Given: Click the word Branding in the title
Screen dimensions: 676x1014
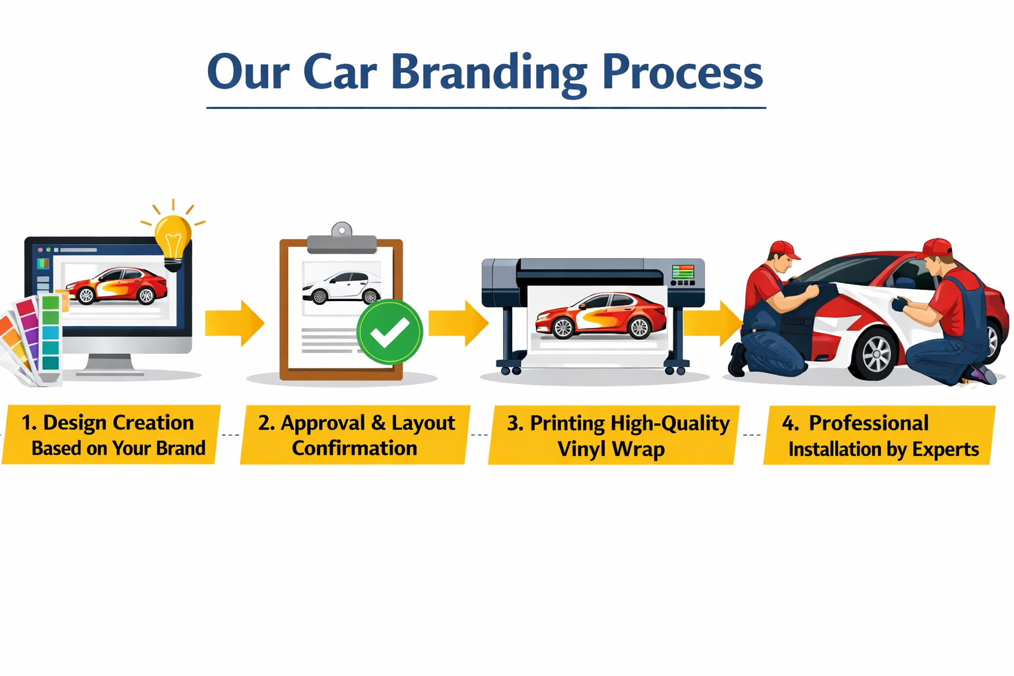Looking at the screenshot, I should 489,73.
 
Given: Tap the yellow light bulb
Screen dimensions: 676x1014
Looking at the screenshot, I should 173,238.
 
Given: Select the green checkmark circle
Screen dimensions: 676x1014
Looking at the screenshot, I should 389,332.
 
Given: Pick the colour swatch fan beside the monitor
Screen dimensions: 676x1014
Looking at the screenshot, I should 33,340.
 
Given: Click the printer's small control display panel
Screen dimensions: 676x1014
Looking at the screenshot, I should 683,272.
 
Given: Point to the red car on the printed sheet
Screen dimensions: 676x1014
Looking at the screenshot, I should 601,316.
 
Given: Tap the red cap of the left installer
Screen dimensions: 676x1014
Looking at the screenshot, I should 783,250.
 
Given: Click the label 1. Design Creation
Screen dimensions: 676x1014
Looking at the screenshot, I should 108,422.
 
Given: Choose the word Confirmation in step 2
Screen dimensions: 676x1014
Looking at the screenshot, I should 355,449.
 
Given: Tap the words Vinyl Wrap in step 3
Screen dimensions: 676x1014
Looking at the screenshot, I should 611,450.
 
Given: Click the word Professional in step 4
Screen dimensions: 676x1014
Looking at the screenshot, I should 868,422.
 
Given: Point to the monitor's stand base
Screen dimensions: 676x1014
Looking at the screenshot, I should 110,371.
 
